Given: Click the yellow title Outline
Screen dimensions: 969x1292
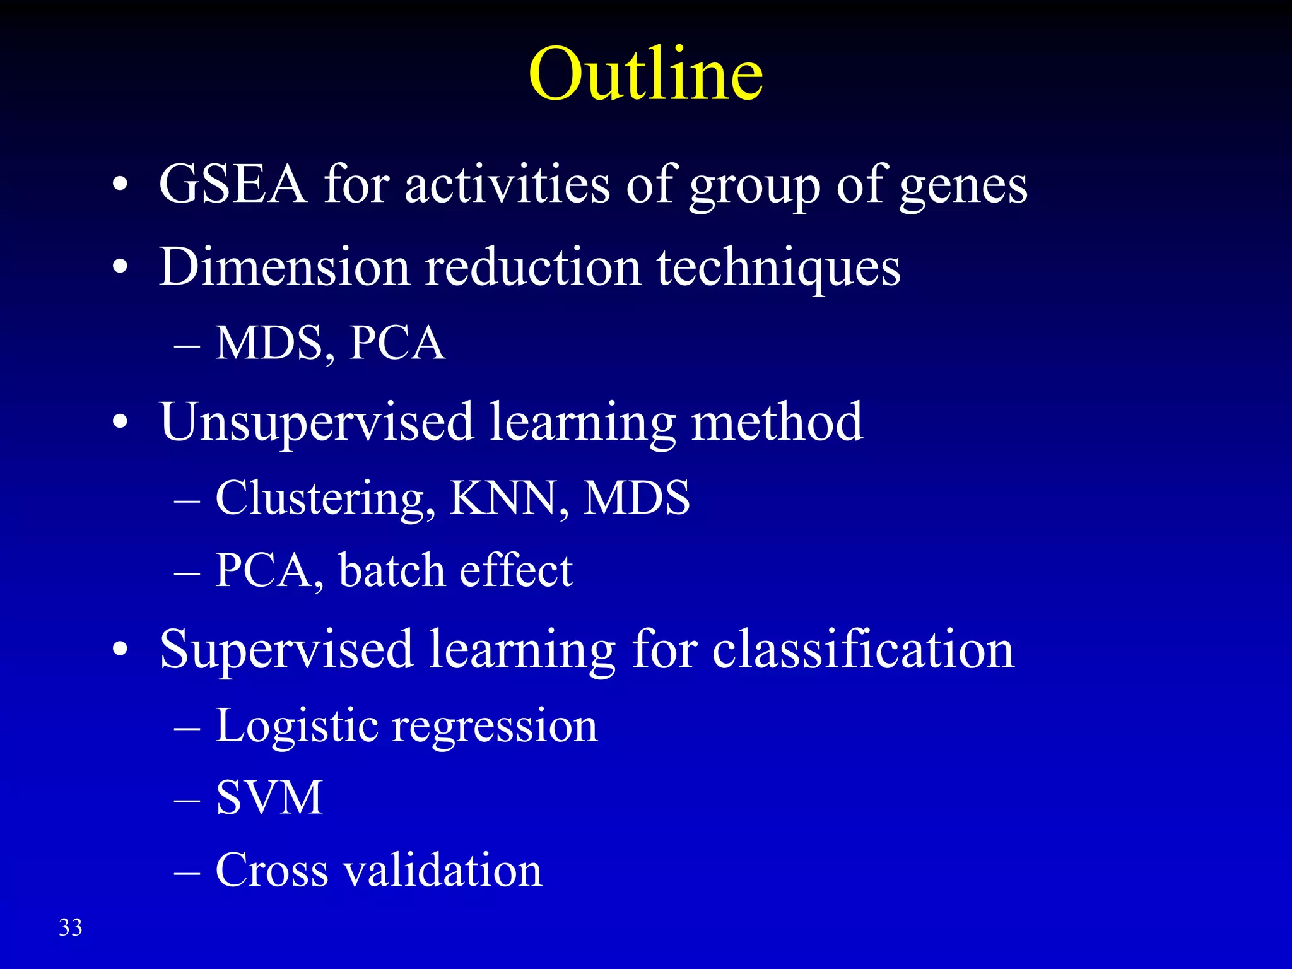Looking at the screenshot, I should click(x=645, y=74).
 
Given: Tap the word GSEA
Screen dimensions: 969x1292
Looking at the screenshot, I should click(x=233, y=185).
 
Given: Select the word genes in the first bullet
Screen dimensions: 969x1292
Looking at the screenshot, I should click(x=963, y=187).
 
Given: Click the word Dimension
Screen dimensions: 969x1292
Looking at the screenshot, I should click(x=285, y=267).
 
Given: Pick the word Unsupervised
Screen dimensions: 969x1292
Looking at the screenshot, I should click(x=317, y=423).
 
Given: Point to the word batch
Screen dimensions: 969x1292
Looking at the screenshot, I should click(x=392, y=571).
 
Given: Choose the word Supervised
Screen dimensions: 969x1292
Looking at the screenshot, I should click(x=286, y=650).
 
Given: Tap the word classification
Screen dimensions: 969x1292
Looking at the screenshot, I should click(x=863, y=650).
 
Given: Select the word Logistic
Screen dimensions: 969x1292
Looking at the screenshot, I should click(x=297, y=727).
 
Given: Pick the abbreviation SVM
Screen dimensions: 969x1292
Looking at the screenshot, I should click(x=269, y=798).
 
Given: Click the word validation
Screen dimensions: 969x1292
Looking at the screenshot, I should click(x=442, y=871).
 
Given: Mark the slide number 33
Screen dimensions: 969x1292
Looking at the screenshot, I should click(x=71, y=927).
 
